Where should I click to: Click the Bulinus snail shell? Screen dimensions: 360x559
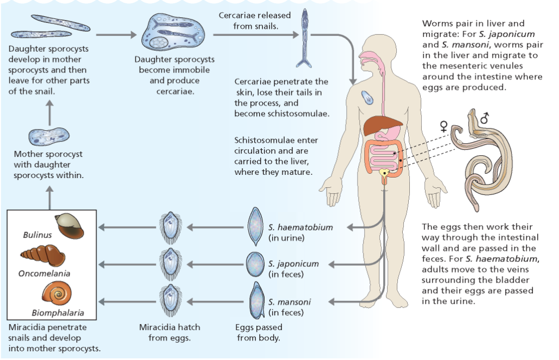pos(70,225)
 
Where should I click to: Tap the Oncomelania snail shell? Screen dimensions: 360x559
pos(42,255)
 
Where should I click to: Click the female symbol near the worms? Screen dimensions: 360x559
pos(444,126)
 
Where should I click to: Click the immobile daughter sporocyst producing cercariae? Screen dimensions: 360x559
pos(174,33)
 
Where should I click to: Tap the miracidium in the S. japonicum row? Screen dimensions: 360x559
pos(170,264)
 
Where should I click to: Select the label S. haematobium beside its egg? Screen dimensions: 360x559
pos(300,227)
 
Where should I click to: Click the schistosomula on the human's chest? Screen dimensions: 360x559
pos(367,98)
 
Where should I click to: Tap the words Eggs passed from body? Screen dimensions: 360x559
pos(259,333)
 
